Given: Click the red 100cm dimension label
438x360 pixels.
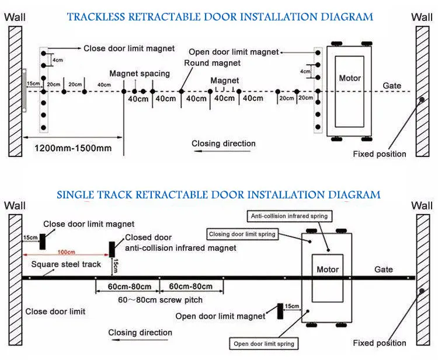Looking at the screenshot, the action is pos(66,252).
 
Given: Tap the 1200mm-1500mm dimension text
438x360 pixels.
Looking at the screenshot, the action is pos(73,148).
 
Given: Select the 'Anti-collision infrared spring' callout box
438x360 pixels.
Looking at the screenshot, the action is pos(290,216).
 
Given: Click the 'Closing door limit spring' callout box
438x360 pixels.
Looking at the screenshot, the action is pos(242,234).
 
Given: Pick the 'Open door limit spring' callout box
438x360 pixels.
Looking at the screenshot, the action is pos(264,344).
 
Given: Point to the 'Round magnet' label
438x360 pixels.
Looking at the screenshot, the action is pos(213,63).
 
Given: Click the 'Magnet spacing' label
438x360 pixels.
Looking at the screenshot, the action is pos(140,74).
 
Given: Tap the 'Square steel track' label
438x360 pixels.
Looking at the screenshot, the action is pos(66,264).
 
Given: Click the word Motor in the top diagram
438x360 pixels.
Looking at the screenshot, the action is pos(350,78).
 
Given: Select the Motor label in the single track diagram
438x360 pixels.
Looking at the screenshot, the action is pos(328,270).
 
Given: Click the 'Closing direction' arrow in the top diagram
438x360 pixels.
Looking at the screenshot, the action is pos(222,151).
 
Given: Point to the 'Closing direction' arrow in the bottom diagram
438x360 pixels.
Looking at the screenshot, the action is pos(140,340).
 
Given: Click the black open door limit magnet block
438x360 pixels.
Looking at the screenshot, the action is pos(280,311).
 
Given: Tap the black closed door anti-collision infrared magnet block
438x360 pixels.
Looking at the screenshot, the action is pos(112,249).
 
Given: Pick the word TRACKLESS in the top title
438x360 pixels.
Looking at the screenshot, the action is pos(96,17).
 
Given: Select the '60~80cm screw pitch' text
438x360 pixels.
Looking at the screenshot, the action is pos(161,300).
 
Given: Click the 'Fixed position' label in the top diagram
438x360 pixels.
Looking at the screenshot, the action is pos(380,154).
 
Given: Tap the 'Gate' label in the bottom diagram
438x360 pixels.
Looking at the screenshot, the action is pos(384,270).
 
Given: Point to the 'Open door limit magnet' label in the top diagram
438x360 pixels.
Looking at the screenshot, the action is pos(234,52).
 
